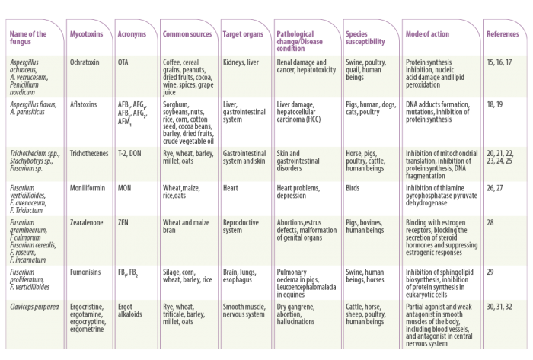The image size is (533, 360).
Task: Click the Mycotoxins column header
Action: click(x=86, y=34)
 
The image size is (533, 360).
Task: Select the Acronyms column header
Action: click(x=132, y=34)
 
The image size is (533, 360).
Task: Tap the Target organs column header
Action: click(x=243, y=34)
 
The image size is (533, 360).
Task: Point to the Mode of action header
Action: click(x=427, y=34)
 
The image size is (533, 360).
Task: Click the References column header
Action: click(x=503, y=34)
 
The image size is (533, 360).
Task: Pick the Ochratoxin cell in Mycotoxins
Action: click(x=85, y=62)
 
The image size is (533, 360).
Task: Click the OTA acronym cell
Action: click(x=123, y=62)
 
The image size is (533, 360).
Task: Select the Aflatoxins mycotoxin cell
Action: click(x=83, y=104)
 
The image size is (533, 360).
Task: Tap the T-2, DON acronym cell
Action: click(x=129, y=154)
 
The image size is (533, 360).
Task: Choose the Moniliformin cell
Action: click(x=88, y=188)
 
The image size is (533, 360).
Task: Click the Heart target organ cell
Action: click(x=231, y=188)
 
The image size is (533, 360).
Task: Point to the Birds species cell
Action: click(x=353, y=188)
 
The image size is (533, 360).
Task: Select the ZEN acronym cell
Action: click(x=123, y=223)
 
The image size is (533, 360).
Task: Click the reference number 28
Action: click(x=490, y=223)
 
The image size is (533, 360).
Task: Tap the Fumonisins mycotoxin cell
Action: click(x=85, y=272)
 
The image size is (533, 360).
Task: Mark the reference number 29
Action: click(x=490, y=272)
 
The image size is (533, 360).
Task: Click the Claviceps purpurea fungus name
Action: click(x=34, y=307)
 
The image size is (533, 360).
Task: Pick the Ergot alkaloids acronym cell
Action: click(x=130, y=311)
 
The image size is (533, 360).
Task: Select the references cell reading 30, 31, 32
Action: click(x=499, y=307)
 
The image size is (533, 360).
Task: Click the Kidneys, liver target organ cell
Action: click(x=241, y=62)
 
